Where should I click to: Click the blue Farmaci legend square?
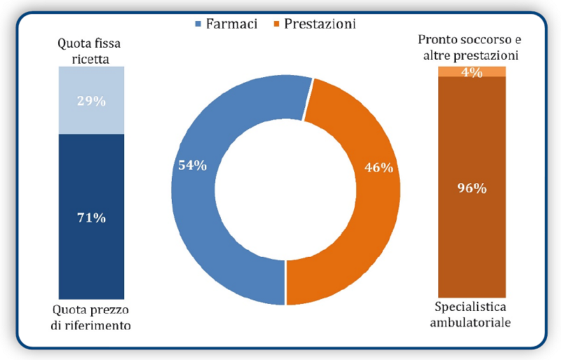point(198,25)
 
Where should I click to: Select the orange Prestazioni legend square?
point(276,25)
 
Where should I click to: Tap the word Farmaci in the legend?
point(231,24)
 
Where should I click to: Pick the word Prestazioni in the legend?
point(320,24)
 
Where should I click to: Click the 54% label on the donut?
point(192,165)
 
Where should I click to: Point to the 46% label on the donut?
point(379,167)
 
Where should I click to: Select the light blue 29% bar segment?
point(91,100)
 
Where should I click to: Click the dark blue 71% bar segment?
point(91,216)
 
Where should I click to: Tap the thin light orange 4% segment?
point(472,72)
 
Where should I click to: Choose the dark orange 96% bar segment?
point(472,187)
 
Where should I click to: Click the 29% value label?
point(91,101)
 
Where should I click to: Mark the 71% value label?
point(91,218)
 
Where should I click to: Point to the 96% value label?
point(472,188)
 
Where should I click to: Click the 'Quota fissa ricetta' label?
point(90,51)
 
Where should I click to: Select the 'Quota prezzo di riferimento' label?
point(90,317)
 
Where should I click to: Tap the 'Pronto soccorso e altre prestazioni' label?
point(470,47)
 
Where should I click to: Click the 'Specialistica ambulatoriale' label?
point(471,314)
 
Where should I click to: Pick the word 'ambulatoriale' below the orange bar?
point(471,322)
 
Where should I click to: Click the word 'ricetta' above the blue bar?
point(90,59)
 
